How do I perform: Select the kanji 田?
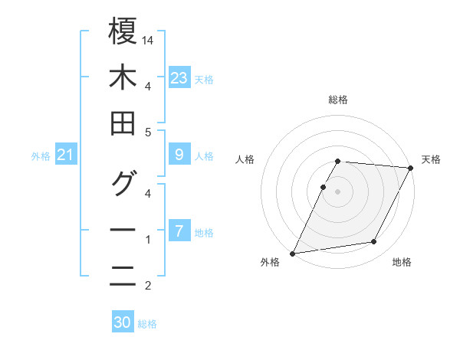[123, 123]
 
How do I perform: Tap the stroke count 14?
[149, 38]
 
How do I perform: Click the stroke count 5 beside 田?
[149, 132]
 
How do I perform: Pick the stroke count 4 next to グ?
[149, 193]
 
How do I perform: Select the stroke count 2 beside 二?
[149, 286]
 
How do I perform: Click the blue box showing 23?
[179, 77]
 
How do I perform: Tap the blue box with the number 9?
[179, 155]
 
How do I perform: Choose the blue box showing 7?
[179, 231]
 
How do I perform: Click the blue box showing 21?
[65, 155]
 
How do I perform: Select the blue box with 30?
[123, 322]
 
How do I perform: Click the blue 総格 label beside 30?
[148, 324]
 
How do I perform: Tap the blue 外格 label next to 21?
[41, 156]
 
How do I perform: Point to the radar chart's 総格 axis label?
[338, 100]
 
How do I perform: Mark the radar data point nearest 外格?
[292, 254]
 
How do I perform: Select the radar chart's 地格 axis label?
[402, 262]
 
